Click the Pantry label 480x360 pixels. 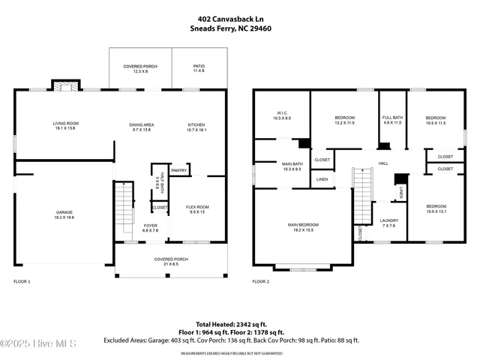[178, 170]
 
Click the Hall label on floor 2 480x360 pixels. [382, 163]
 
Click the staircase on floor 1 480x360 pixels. [122, 209]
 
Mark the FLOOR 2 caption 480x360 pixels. [260, 281]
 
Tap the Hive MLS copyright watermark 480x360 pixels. [39, 343]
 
